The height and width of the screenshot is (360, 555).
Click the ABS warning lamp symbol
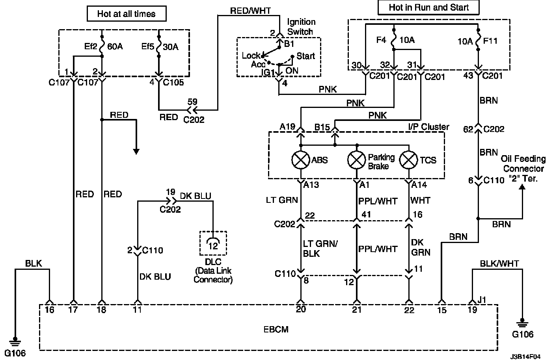300,160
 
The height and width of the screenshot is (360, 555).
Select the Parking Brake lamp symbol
357,160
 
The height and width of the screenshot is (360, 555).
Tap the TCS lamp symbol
409,160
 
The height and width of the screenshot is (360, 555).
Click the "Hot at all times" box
127,14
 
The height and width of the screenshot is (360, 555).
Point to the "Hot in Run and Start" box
428,7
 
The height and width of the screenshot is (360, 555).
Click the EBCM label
276,330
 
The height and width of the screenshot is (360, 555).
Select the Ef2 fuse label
91,46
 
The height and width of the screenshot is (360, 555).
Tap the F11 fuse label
490,41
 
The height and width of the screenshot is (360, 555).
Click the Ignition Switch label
301,27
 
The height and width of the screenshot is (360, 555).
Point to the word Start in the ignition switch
306,56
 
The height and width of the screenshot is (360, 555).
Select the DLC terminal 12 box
213,243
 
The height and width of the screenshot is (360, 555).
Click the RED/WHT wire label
250,11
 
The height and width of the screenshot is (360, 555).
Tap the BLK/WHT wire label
499,264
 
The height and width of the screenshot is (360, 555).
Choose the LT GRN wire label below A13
282,200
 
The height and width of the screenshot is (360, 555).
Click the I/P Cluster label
428,127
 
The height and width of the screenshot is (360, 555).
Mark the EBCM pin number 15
442,310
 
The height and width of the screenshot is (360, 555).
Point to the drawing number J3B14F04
525,356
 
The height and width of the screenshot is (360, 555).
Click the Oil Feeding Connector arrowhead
522,187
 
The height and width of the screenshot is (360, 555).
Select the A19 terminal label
287,127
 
